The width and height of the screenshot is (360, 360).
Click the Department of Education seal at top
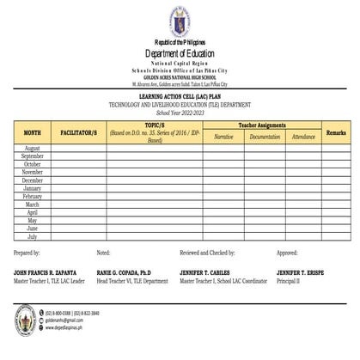click(180, 21)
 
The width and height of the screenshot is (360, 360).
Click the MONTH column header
click(32, 133)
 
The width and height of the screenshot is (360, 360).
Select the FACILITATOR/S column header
click(79, 133)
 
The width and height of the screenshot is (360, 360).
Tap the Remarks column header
click(336, 133)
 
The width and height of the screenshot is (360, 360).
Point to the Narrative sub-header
click(223, 137)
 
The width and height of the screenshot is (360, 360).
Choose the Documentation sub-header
click(265, 137)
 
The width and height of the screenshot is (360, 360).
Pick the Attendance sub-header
click(303, 137)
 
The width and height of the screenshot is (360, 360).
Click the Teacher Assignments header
click(262, 125)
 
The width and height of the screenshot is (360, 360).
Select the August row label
click(32, 149)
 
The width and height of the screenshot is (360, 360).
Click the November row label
click(32, 173)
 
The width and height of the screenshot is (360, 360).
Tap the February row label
click(32, 197)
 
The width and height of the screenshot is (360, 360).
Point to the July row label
click(32, 236)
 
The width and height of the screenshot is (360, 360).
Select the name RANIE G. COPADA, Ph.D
click(130, 272)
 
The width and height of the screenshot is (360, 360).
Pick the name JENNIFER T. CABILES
click(212, 272)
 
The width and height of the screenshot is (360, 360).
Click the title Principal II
click(289, 280)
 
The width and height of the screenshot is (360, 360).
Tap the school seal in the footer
click(25, 320)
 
